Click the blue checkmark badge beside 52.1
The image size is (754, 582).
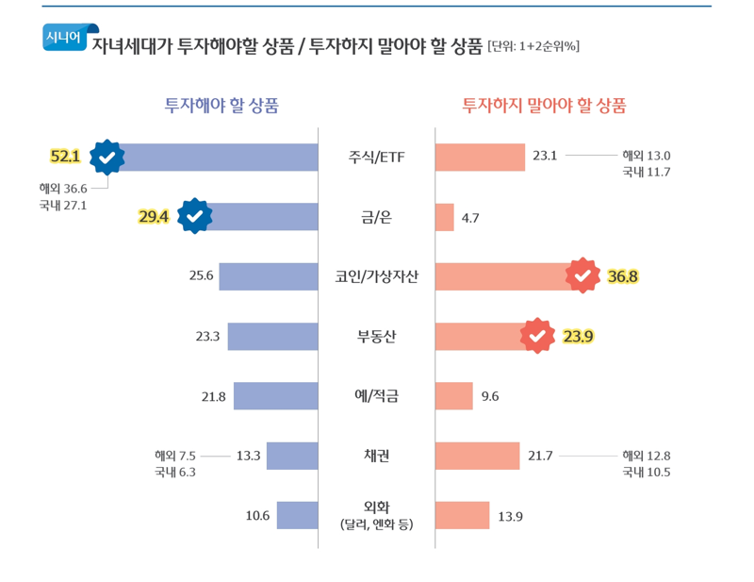pos(107,157)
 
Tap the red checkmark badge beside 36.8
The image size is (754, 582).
pos(582,275)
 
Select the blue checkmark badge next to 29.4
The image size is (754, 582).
pos(194,216)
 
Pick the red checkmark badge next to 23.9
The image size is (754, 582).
pos(537,335)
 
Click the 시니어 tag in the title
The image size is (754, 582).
pos(63,37)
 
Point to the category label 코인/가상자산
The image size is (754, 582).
pos(376,276)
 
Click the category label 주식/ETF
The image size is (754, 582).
pos(376,157)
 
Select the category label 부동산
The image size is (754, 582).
pos(376,336)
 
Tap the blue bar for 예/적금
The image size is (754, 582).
pos(275,396)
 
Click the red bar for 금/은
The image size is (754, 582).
pos(444,217)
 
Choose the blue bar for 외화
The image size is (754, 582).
pos(297,515)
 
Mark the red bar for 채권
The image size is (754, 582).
pos(477,456)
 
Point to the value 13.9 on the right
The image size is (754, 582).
pos(510,516)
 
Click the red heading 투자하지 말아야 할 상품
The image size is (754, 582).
pos(544,105)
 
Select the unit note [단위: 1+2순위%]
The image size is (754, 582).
pos(533,45)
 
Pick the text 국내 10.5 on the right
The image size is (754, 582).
pos(646,472)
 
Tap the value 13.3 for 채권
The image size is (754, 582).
pos(248,456)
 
